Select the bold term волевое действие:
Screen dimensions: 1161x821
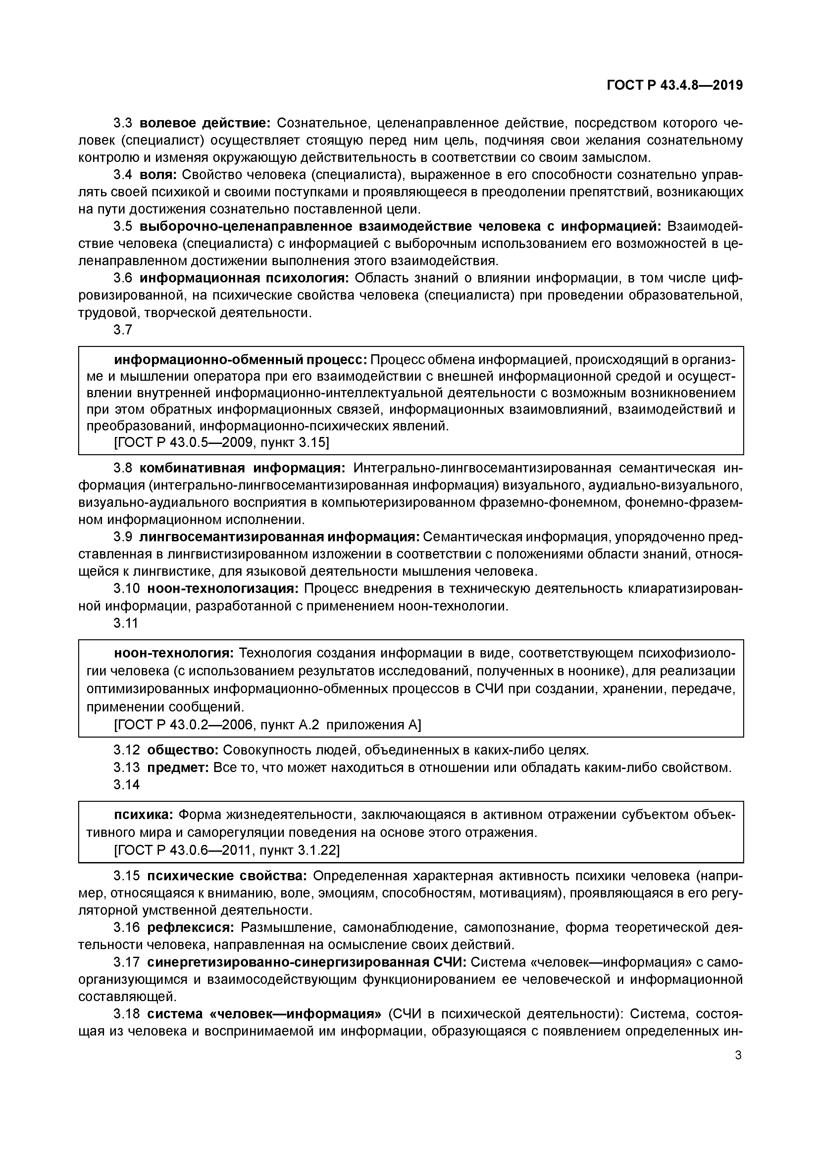click(x=205, y=123)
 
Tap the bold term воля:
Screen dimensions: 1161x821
click(x=158, y=174)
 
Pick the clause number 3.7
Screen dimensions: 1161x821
click(x=123, y=330)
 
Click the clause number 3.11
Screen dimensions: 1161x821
click(x=126, y=623)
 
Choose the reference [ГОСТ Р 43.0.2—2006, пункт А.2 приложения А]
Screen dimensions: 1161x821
click(x=268, y=725)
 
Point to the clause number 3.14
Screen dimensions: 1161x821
click(x=126, y=784)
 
